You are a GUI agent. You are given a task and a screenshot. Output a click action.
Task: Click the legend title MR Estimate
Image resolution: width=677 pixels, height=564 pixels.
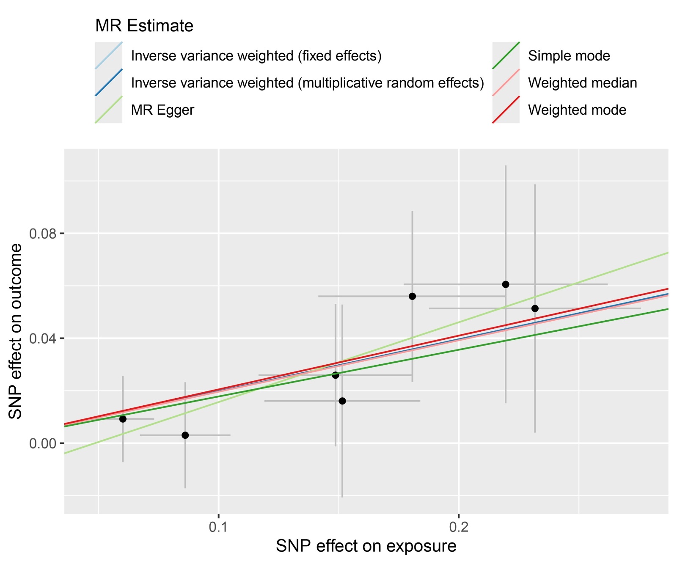click(144, 26)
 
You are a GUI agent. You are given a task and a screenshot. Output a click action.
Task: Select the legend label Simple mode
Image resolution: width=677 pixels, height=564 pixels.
click(569, 56)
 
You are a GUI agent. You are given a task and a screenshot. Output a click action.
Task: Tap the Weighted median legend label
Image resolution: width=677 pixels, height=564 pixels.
click(582, 83)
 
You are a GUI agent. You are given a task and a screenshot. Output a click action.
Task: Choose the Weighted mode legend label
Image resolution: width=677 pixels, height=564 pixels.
click(577, 110)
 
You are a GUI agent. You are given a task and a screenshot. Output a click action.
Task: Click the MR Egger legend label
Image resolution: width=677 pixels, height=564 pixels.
click(162, 110)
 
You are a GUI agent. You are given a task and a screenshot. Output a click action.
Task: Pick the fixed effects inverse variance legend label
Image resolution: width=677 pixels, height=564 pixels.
click(256, 56)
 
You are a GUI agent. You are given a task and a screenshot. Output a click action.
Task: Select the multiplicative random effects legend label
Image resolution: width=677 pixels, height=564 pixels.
click(307, 83)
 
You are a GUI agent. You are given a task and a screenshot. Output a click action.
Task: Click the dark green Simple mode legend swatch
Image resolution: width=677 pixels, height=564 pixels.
click(506, 56)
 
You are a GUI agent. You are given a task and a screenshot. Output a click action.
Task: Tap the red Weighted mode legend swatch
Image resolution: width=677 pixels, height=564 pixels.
click(506, 110)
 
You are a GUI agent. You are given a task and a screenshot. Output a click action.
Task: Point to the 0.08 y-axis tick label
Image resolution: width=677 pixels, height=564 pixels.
click(42, 234)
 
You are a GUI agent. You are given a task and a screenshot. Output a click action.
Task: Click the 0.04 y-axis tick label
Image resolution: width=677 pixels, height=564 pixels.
click(42, 338)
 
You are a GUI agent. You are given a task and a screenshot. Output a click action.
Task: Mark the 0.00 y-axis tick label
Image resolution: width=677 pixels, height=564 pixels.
click(42, 443)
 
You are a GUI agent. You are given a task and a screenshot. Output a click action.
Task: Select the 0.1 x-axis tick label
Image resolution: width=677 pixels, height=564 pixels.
click(218, 527)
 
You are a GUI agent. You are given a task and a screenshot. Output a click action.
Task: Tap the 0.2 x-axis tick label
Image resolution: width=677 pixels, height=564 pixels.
click(459, 527)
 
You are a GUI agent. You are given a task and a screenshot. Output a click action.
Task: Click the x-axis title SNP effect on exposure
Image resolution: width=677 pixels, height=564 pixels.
click(366, 546)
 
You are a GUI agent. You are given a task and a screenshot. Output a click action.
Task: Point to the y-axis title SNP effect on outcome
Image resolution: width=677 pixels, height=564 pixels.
click(16, 331)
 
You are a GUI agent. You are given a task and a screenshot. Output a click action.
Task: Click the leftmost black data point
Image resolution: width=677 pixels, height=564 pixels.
click(123, 419)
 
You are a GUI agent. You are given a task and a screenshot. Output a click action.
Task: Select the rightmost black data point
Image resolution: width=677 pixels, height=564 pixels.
click(535, 308)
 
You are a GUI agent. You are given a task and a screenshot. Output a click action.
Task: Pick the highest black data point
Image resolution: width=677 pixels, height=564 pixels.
click(506, 284)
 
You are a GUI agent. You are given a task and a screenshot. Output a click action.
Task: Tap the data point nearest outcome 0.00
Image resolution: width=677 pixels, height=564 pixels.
click(185, 435)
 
